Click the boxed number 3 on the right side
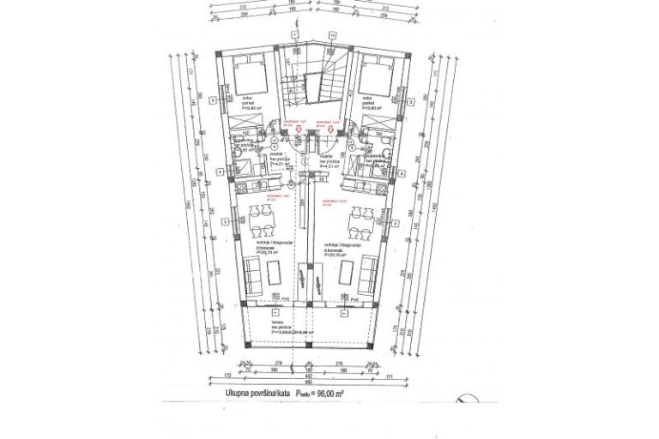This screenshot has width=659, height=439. point(414,102)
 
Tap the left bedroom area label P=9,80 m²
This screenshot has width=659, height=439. point(251,109)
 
